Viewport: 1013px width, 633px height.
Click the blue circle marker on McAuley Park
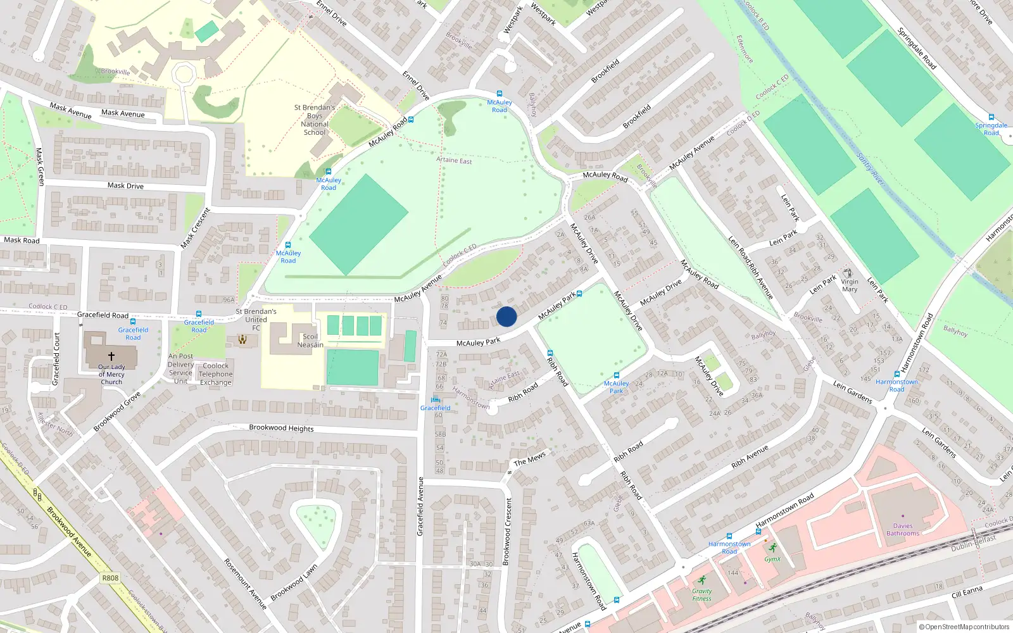pyautogui.click(x=507, y=316)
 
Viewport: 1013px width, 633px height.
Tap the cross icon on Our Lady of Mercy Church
pyautogui.click(x=111, y=356)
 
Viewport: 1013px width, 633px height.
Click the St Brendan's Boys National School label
pyautogui.click(x=315, y=120)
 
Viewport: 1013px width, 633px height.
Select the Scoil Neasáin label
pyautogui.click(x=310, y=341)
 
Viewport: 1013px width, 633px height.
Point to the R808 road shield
pyautogui.click(x=110, y=578)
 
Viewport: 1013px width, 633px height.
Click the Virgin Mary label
pyautogui.click(x=850, y=285)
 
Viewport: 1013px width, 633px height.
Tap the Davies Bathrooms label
pyautogui.click(x=903, y=529)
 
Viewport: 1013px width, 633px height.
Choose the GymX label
pyautogui.click(x=772, y=559)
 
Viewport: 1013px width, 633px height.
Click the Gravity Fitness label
pyautogui.click(x=702, y=594)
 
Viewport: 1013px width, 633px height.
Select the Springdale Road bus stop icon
pyautogui.click(x=991, y=117)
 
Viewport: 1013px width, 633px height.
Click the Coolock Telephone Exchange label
pyautogui.click(x=216, y=374)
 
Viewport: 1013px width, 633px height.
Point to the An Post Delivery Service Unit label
pyautogui.click(x=181, y=368)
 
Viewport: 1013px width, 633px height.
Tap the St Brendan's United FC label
pyautogui.click(x=256, y=319)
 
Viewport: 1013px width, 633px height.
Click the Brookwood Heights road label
pyautogui.click(x=281, y=428)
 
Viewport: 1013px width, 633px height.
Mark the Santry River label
pyautogui.click(x=870, y=168)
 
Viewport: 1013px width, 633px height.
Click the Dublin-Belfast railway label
pyautogui.click(x=973, y=543)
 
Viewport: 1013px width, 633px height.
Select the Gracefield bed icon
pyautogui.click(x=435, y=399)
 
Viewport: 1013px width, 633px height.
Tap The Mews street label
pyautogui.click(x=529, y=459)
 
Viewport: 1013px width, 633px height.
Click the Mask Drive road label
pyautogui.click(x=125, y=185)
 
